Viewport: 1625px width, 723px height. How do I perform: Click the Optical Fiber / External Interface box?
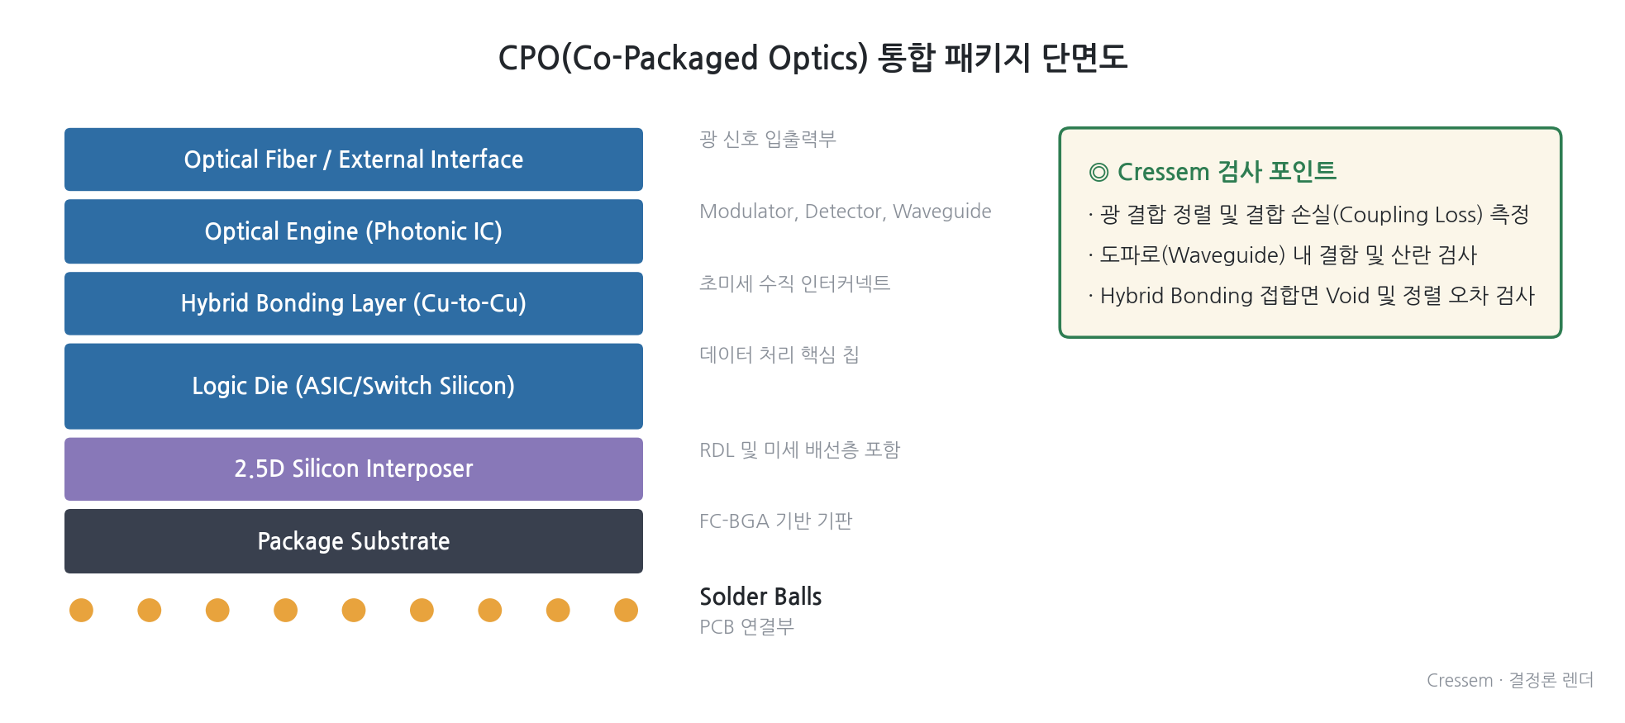(354, 159)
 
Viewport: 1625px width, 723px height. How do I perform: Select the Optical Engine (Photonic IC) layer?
(354, 231)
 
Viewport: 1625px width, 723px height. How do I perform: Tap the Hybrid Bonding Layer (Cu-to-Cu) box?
(354, 303)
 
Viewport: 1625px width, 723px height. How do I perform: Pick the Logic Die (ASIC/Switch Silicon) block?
(354, 386)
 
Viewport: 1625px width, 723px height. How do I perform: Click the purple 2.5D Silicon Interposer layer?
(354, 469)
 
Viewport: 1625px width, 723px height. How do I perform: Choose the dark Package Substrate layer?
(354, 541)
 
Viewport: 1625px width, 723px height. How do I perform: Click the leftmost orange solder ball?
(81, 610)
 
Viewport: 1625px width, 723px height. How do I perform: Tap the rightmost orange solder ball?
(626, 610)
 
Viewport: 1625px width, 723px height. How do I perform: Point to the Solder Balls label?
(760, 597)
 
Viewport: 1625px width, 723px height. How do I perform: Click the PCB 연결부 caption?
(746, 626)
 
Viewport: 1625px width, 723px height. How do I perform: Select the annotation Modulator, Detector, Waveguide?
(845, 212)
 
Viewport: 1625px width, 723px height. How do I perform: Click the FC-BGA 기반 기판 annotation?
(775, 521)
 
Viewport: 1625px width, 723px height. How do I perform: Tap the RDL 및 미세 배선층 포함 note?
(799, 449)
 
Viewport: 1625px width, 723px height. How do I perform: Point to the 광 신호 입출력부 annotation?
(767, 139)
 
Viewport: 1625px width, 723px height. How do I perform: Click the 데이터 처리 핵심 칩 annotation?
(779, 354)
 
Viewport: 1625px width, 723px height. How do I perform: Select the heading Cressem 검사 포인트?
(1227, 171)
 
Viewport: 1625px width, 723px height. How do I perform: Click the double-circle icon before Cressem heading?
(1098, 172)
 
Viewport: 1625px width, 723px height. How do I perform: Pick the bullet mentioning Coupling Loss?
(1308, 215)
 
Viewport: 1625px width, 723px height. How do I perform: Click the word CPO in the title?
(529, 58)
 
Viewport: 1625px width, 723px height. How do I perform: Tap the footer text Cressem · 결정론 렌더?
(1509, 680)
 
